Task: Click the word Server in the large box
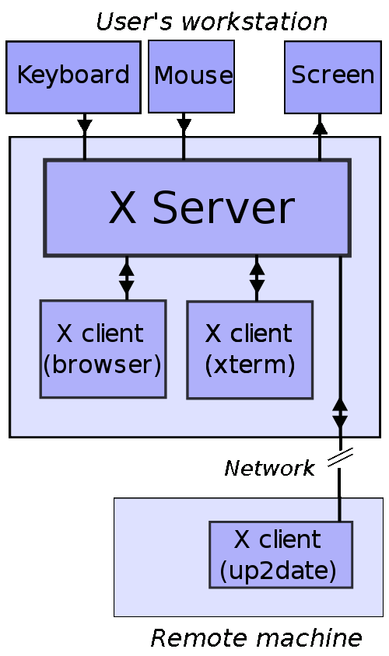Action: coord(223,208)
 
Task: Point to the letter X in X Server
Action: coord(121,208)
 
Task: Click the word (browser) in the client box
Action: coord(102,365)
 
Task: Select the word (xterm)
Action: coord(250,365)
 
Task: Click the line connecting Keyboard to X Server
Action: coord(85,148)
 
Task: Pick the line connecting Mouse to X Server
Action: coord(184,148)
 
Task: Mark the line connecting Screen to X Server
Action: coord(320,148)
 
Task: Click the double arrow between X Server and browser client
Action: coord(126,278)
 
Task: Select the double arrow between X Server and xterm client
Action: coord(257,278)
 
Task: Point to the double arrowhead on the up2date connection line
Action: coord(340,413)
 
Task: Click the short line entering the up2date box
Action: coord(339,510)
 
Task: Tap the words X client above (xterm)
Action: coord(249,333)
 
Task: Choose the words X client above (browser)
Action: coord(100,333)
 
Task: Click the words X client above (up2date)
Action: coord(278,539)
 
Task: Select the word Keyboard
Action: coord(73,75)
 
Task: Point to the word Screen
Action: coord(333,75)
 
